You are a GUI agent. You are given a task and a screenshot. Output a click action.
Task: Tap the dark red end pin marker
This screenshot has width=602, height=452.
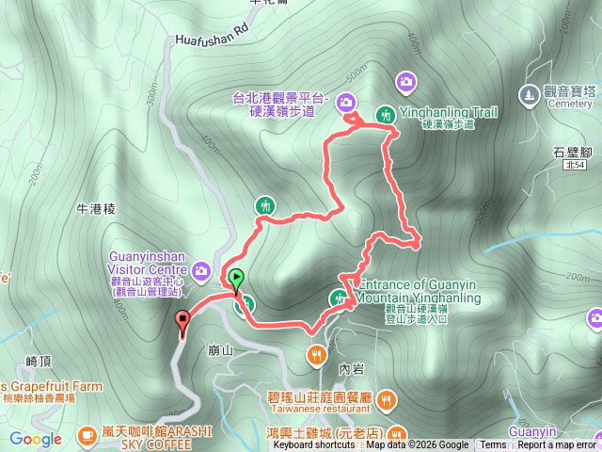182,321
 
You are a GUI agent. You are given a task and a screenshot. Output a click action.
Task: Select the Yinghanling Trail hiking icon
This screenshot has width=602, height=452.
385,114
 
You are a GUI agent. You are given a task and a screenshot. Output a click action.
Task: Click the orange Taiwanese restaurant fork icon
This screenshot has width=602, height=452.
316,354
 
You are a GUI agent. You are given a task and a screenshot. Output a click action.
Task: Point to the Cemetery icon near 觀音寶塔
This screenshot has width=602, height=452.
529,94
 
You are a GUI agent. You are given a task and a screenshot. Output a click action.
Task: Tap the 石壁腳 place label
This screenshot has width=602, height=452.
571,150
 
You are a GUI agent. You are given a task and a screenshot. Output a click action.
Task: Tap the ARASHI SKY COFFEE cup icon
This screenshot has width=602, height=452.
87,434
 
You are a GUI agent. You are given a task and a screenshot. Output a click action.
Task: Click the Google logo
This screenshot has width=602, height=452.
36,439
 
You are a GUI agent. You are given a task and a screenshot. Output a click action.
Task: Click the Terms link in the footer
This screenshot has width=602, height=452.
493,445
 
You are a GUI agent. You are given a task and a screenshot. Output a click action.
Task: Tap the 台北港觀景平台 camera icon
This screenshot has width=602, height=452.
345,102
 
